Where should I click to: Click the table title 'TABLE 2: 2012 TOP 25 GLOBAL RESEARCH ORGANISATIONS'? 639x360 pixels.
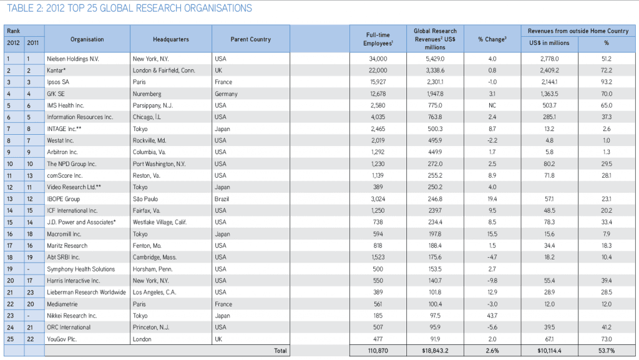129,9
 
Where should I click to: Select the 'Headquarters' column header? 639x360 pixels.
170,39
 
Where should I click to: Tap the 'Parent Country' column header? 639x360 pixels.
251,39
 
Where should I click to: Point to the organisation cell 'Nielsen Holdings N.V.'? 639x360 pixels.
73,59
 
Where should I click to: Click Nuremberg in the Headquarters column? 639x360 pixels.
147,94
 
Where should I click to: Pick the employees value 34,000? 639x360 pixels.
378,59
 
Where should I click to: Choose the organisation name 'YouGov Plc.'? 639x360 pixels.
63,339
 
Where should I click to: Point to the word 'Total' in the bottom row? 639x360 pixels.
281,351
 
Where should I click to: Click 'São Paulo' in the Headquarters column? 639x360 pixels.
147,199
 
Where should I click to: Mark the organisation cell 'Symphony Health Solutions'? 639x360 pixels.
81,269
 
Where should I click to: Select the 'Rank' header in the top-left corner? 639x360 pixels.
14,30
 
